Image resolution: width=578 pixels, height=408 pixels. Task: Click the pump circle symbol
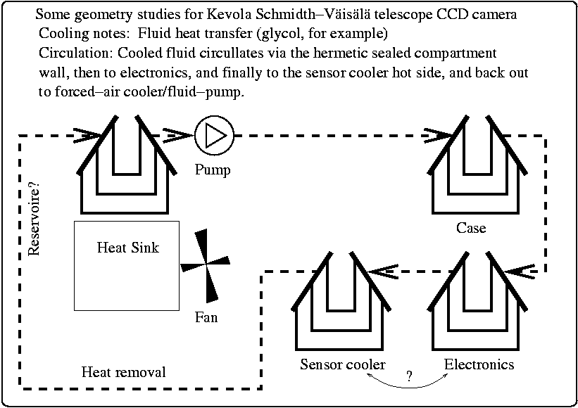[213, 135]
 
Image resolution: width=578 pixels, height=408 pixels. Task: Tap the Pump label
[213, 170]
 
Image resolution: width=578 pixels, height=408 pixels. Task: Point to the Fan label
[206, 317]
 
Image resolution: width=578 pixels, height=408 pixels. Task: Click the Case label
[471, 228]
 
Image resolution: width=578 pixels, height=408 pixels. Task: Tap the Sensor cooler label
[343, 364]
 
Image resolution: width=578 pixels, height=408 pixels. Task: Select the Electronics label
[479, 364]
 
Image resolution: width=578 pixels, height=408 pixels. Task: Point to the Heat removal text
[124, 372]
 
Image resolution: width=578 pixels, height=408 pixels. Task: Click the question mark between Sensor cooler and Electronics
[409, 376]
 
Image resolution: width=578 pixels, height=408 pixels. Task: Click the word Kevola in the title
[247, 14]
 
